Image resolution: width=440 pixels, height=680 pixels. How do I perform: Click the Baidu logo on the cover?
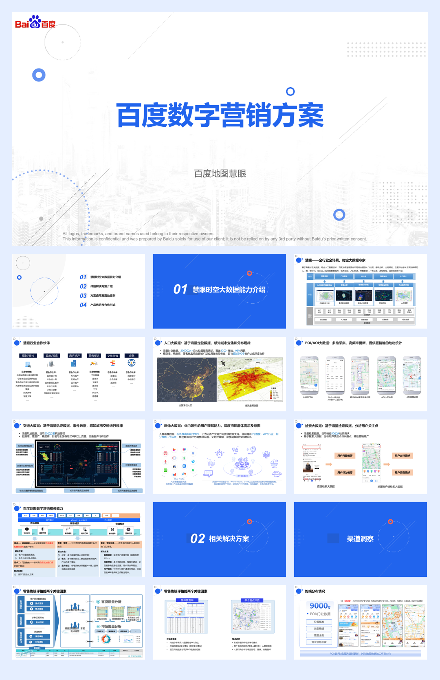35,22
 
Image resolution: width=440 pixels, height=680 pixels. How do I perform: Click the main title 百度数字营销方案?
220,115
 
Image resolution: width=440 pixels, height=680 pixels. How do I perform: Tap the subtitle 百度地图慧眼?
220,174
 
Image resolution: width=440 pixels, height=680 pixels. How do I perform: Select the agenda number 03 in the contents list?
83,296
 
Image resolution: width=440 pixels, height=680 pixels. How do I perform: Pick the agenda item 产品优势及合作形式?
103,305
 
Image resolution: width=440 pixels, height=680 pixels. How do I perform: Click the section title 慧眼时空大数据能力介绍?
229,289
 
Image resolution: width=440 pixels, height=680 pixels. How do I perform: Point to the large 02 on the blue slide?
198,539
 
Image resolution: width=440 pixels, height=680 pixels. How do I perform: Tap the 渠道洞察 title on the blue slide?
360,539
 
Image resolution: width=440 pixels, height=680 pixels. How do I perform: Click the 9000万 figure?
320,606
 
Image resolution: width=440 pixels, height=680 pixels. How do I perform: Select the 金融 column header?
132,356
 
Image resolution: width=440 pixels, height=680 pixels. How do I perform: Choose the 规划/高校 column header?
28,356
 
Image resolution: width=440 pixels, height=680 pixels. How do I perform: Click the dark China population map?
186,380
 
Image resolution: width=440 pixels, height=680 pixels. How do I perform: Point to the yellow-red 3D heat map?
250,380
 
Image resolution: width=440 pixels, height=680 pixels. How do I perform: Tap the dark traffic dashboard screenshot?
78,464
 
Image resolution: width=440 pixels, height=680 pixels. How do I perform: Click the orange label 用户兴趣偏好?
345,455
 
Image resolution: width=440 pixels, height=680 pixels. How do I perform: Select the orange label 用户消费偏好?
403,472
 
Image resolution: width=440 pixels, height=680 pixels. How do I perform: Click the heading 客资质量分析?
111,602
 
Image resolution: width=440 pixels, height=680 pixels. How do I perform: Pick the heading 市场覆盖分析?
111,626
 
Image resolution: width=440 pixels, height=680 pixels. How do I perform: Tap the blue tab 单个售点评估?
252,600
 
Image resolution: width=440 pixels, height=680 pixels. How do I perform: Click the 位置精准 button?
319,622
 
